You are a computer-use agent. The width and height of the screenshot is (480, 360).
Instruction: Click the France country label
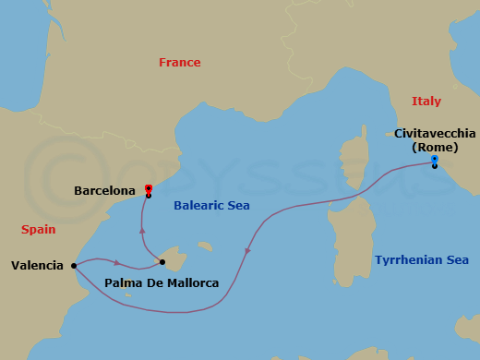(179, 63)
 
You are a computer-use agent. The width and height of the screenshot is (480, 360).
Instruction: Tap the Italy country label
(426, 102)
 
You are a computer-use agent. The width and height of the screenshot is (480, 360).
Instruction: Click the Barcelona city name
(104, 191)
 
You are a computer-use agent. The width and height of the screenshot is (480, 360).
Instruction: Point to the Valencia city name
(37, 266)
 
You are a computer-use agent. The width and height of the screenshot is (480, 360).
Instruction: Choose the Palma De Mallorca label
(162, 282)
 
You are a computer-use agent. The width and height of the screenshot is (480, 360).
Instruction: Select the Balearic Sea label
(211, 206)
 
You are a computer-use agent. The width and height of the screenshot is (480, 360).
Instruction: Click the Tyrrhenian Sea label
(422, 260)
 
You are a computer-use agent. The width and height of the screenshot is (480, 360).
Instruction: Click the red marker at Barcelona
(148, 188)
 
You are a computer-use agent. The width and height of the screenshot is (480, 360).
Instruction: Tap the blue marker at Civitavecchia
(434, 160)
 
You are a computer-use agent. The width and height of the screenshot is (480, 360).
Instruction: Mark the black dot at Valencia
(73, 266)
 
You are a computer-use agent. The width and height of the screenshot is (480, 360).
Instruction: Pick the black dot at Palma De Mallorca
(162, 262)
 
